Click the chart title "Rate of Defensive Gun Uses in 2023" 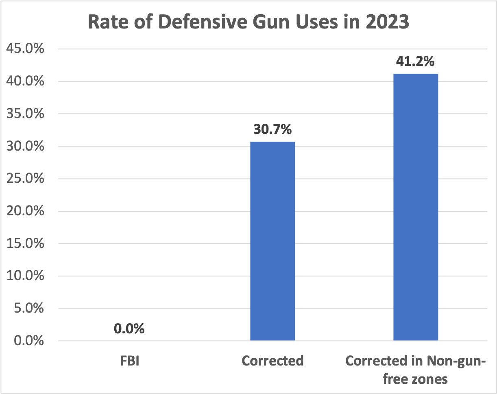(248, 23)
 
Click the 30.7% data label (272, 130)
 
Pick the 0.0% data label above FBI (129, 328)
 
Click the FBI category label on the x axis (129, 361)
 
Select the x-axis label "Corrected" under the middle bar (272, 361)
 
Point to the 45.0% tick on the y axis (25, 49)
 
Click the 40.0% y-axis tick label (25, 81)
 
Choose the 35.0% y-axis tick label (25, 114)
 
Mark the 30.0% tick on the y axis (25, 147)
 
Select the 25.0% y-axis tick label (25, 179)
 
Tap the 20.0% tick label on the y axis (25, 211)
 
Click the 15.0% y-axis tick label (25, 243)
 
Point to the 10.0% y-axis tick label (25, 276)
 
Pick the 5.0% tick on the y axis (28, 309)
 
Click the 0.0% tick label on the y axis (28, 341)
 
